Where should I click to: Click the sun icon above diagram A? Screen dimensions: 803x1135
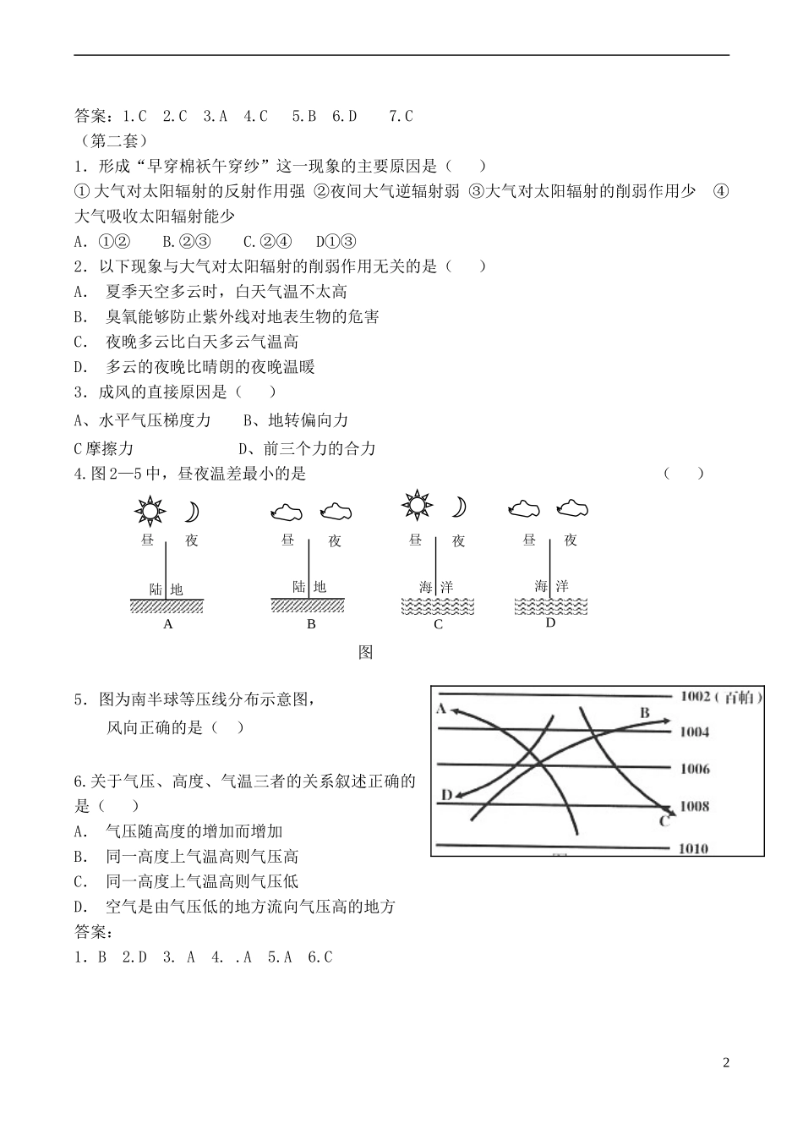coord(150,511)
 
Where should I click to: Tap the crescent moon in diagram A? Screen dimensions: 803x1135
coord(192,512)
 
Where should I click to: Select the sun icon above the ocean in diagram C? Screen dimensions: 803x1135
coord(416,505)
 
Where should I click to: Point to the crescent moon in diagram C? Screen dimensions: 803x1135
coord(458,506)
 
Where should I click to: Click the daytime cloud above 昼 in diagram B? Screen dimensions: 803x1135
coord(286,511)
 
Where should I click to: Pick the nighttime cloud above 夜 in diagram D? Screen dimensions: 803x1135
coord(572,507)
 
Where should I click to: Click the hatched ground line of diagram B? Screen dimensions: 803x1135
coord(308,605)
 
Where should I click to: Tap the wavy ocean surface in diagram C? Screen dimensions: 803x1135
coord(437,606)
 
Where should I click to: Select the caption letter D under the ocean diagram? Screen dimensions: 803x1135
coord(550,622)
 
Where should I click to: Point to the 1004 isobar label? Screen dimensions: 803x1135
coord(695,732)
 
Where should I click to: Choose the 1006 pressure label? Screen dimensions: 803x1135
coord(695,769)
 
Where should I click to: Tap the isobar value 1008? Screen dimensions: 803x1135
coord(695,805)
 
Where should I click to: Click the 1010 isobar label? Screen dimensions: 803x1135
coord(694,848)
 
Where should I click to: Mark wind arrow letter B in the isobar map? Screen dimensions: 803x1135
coord(644,713)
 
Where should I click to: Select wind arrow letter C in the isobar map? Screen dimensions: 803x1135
coord(664,821)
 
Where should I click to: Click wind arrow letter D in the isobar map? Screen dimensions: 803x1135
coord(446,795)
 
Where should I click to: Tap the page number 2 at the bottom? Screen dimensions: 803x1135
coord(725,1062)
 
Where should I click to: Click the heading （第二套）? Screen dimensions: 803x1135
coord(112,140)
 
